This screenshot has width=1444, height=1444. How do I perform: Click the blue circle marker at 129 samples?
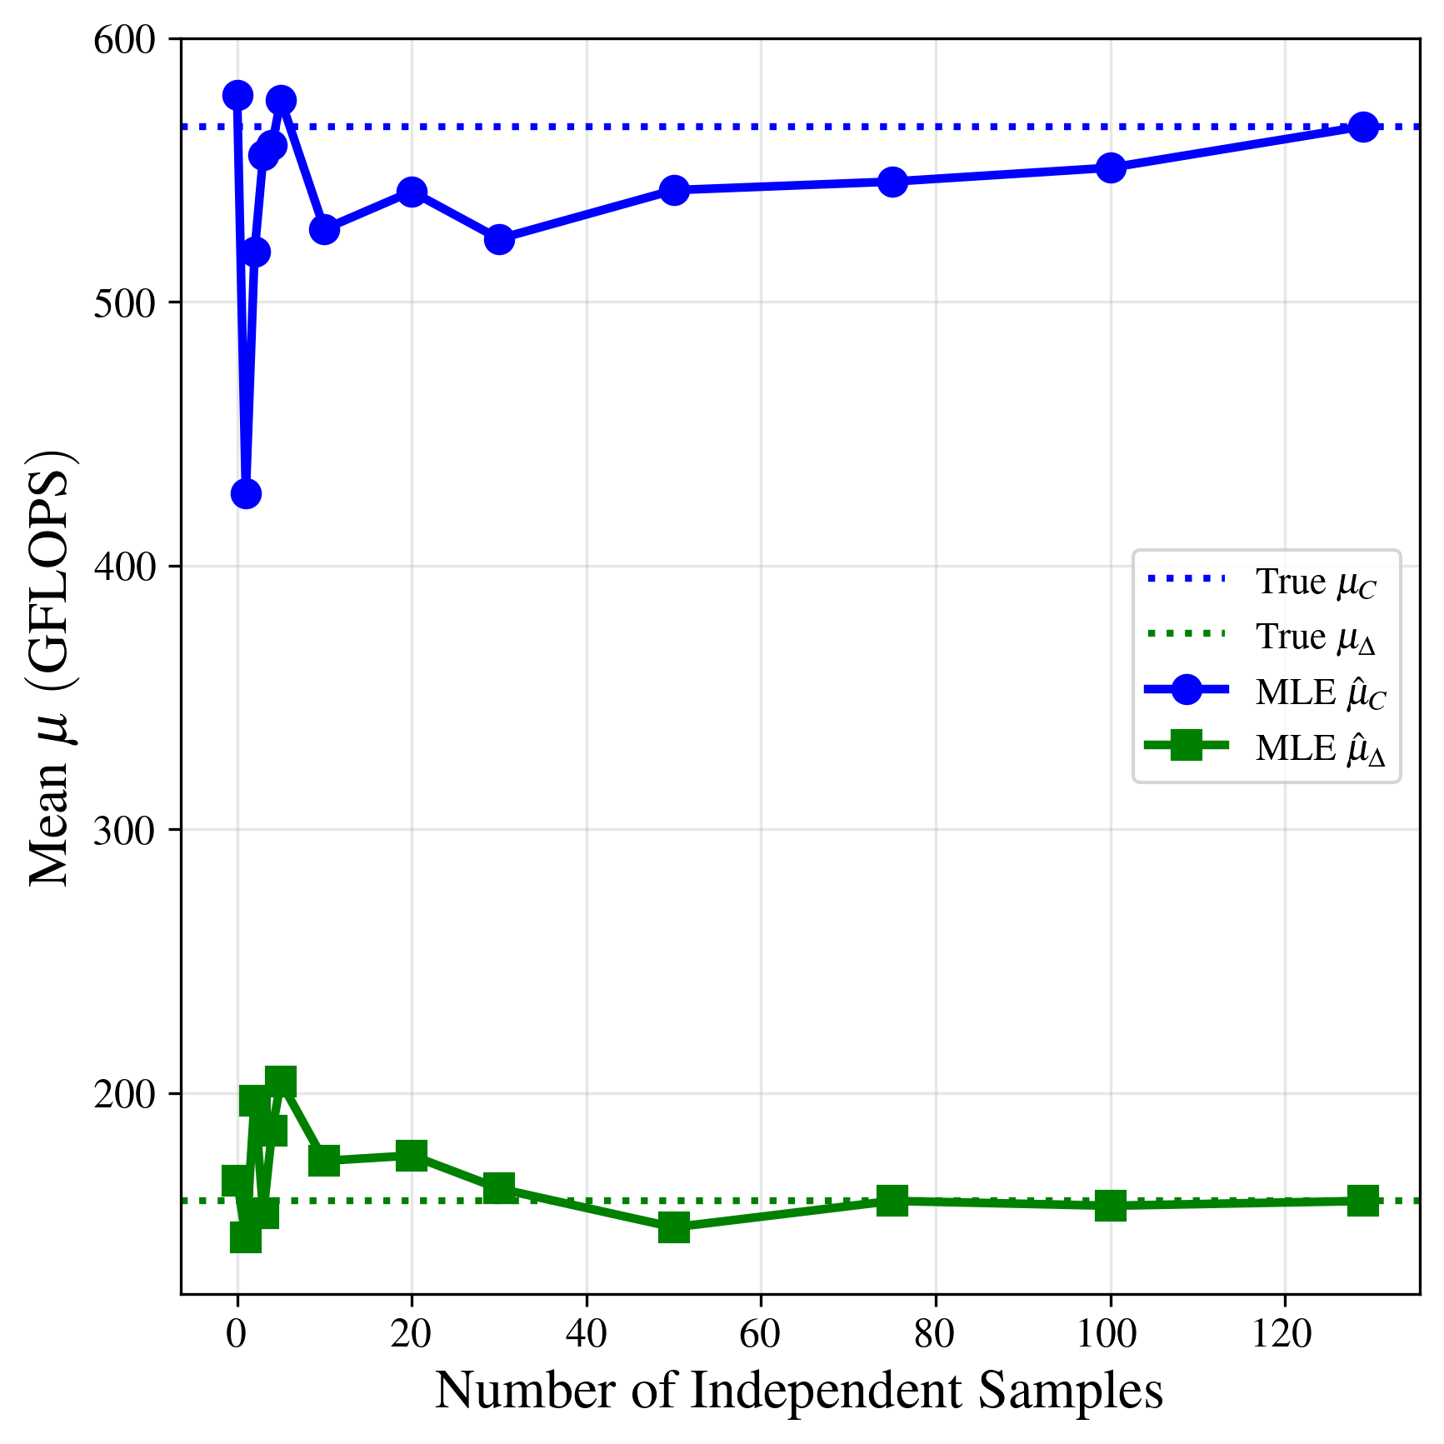pos(1362,127)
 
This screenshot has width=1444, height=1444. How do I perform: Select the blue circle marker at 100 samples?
pos(1110,167)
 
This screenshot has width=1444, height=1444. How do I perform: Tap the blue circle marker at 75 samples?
pos(892,182)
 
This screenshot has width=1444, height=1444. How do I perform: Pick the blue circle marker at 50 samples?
pos(674,190)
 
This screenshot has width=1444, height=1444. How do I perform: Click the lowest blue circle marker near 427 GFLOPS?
pos(245,493)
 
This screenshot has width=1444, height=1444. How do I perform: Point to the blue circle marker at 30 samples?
pos(499,239)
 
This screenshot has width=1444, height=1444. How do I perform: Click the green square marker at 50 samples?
pos(674,1227)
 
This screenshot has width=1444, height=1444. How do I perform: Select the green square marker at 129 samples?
pos(1362,1201)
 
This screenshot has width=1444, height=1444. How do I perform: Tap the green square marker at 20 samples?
pos(412,1155)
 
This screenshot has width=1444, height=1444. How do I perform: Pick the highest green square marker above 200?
pos(281,1081)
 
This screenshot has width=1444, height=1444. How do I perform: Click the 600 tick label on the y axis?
pos(125,40)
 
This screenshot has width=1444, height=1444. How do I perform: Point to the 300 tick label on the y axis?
pos(125,831)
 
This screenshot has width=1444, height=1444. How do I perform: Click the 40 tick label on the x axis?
pos(586,1334)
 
